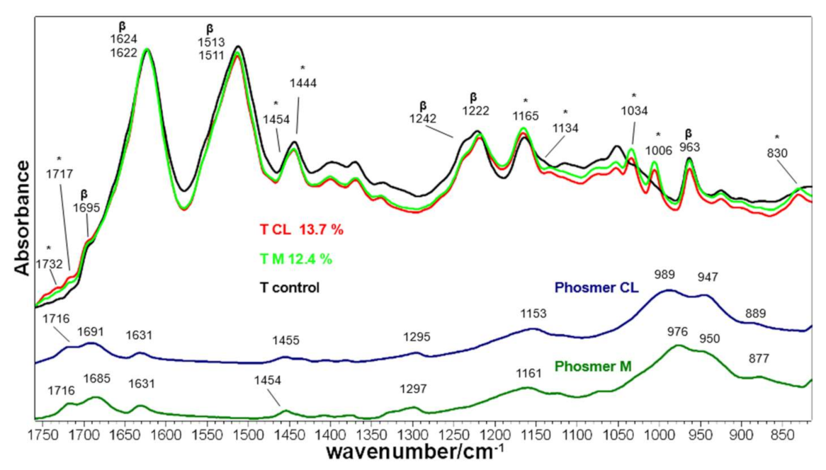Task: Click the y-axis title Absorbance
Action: (19, 218)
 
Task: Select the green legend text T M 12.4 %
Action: (295, 259)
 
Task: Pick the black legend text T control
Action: (290, 288)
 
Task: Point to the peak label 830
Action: (777, 151)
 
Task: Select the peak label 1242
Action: (424, 118)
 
